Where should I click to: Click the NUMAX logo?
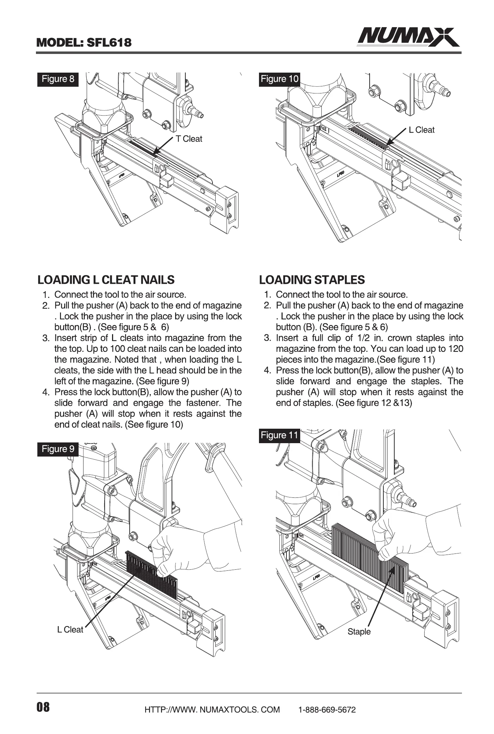(408, 37)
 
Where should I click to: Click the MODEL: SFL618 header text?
(84, 43)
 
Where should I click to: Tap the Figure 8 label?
(58, 79)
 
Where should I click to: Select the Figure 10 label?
(279, 79)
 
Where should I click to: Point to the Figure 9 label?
(58, 449)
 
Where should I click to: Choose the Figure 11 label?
(279, 435)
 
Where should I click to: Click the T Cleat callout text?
(189, 139)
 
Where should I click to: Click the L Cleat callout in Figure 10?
(421, 130)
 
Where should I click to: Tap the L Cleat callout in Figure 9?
(70, 630)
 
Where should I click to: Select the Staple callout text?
(359, 632)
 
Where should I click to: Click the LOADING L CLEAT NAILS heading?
(106, 280)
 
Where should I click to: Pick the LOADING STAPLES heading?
(312, 280)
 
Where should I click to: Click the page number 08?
(43, 707)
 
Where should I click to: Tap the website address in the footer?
(212, 710)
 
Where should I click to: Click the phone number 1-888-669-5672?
(327, 710)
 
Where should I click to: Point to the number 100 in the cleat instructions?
(117, 349)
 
